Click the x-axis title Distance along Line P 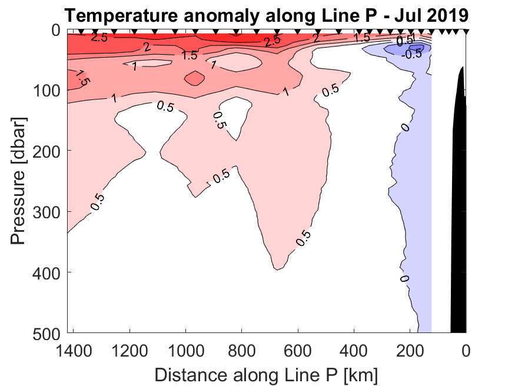coord(266,374)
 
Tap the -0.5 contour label coord(411,54)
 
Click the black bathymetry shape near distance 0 coord(458,206)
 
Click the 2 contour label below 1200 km coord(148,48)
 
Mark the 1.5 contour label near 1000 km coord(189,56)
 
